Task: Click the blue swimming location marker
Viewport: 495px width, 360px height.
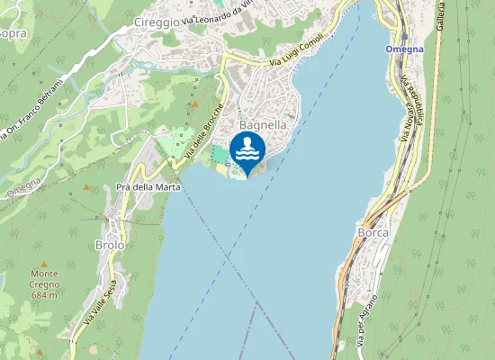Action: (247, 149)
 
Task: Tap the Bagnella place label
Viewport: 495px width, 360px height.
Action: (263, 126)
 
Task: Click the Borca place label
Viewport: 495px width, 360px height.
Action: (373, 232)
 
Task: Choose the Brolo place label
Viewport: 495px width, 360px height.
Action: (109, 245)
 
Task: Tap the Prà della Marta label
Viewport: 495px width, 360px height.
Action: (148, 187)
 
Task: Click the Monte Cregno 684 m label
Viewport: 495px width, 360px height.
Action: (43, 283)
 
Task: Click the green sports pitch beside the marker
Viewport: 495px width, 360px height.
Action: (220, 155)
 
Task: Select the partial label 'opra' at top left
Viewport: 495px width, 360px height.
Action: (13, 33)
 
